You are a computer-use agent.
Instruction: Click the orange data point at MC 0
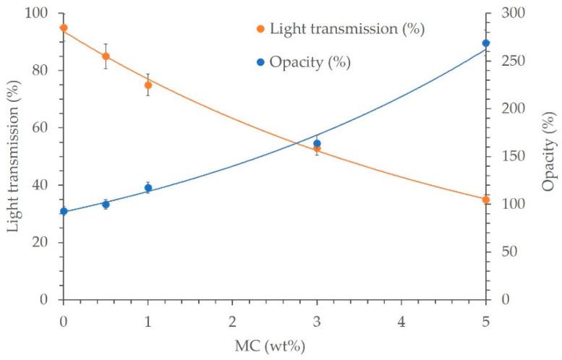coord(64,28)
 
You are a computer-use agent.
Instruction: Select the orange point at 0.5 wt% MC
coord(106,56)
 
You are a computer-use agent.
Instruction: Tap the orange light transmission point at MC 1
coord(148,85)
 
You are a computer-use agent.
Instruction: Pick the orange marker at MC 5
coord(485,200)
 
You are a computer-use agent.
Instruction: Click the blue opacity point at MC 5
coord(485,43)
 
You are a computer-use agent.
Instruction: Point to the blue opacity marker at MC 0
coord(64,211)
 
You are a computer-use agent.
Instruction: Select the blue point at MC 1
coord(148,188)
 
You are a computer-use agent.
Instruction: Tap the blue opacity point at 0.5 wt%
coord(106,205)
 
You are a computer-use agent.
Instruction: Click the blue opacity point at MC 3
coord(317,143)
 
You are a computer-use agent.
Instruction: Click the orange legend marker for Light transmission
coord(260,30)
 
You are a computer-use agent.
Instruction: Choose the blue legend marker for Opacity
coord(260,62)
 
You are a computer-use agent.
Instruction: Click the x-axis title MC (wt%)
coord(274,346)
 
